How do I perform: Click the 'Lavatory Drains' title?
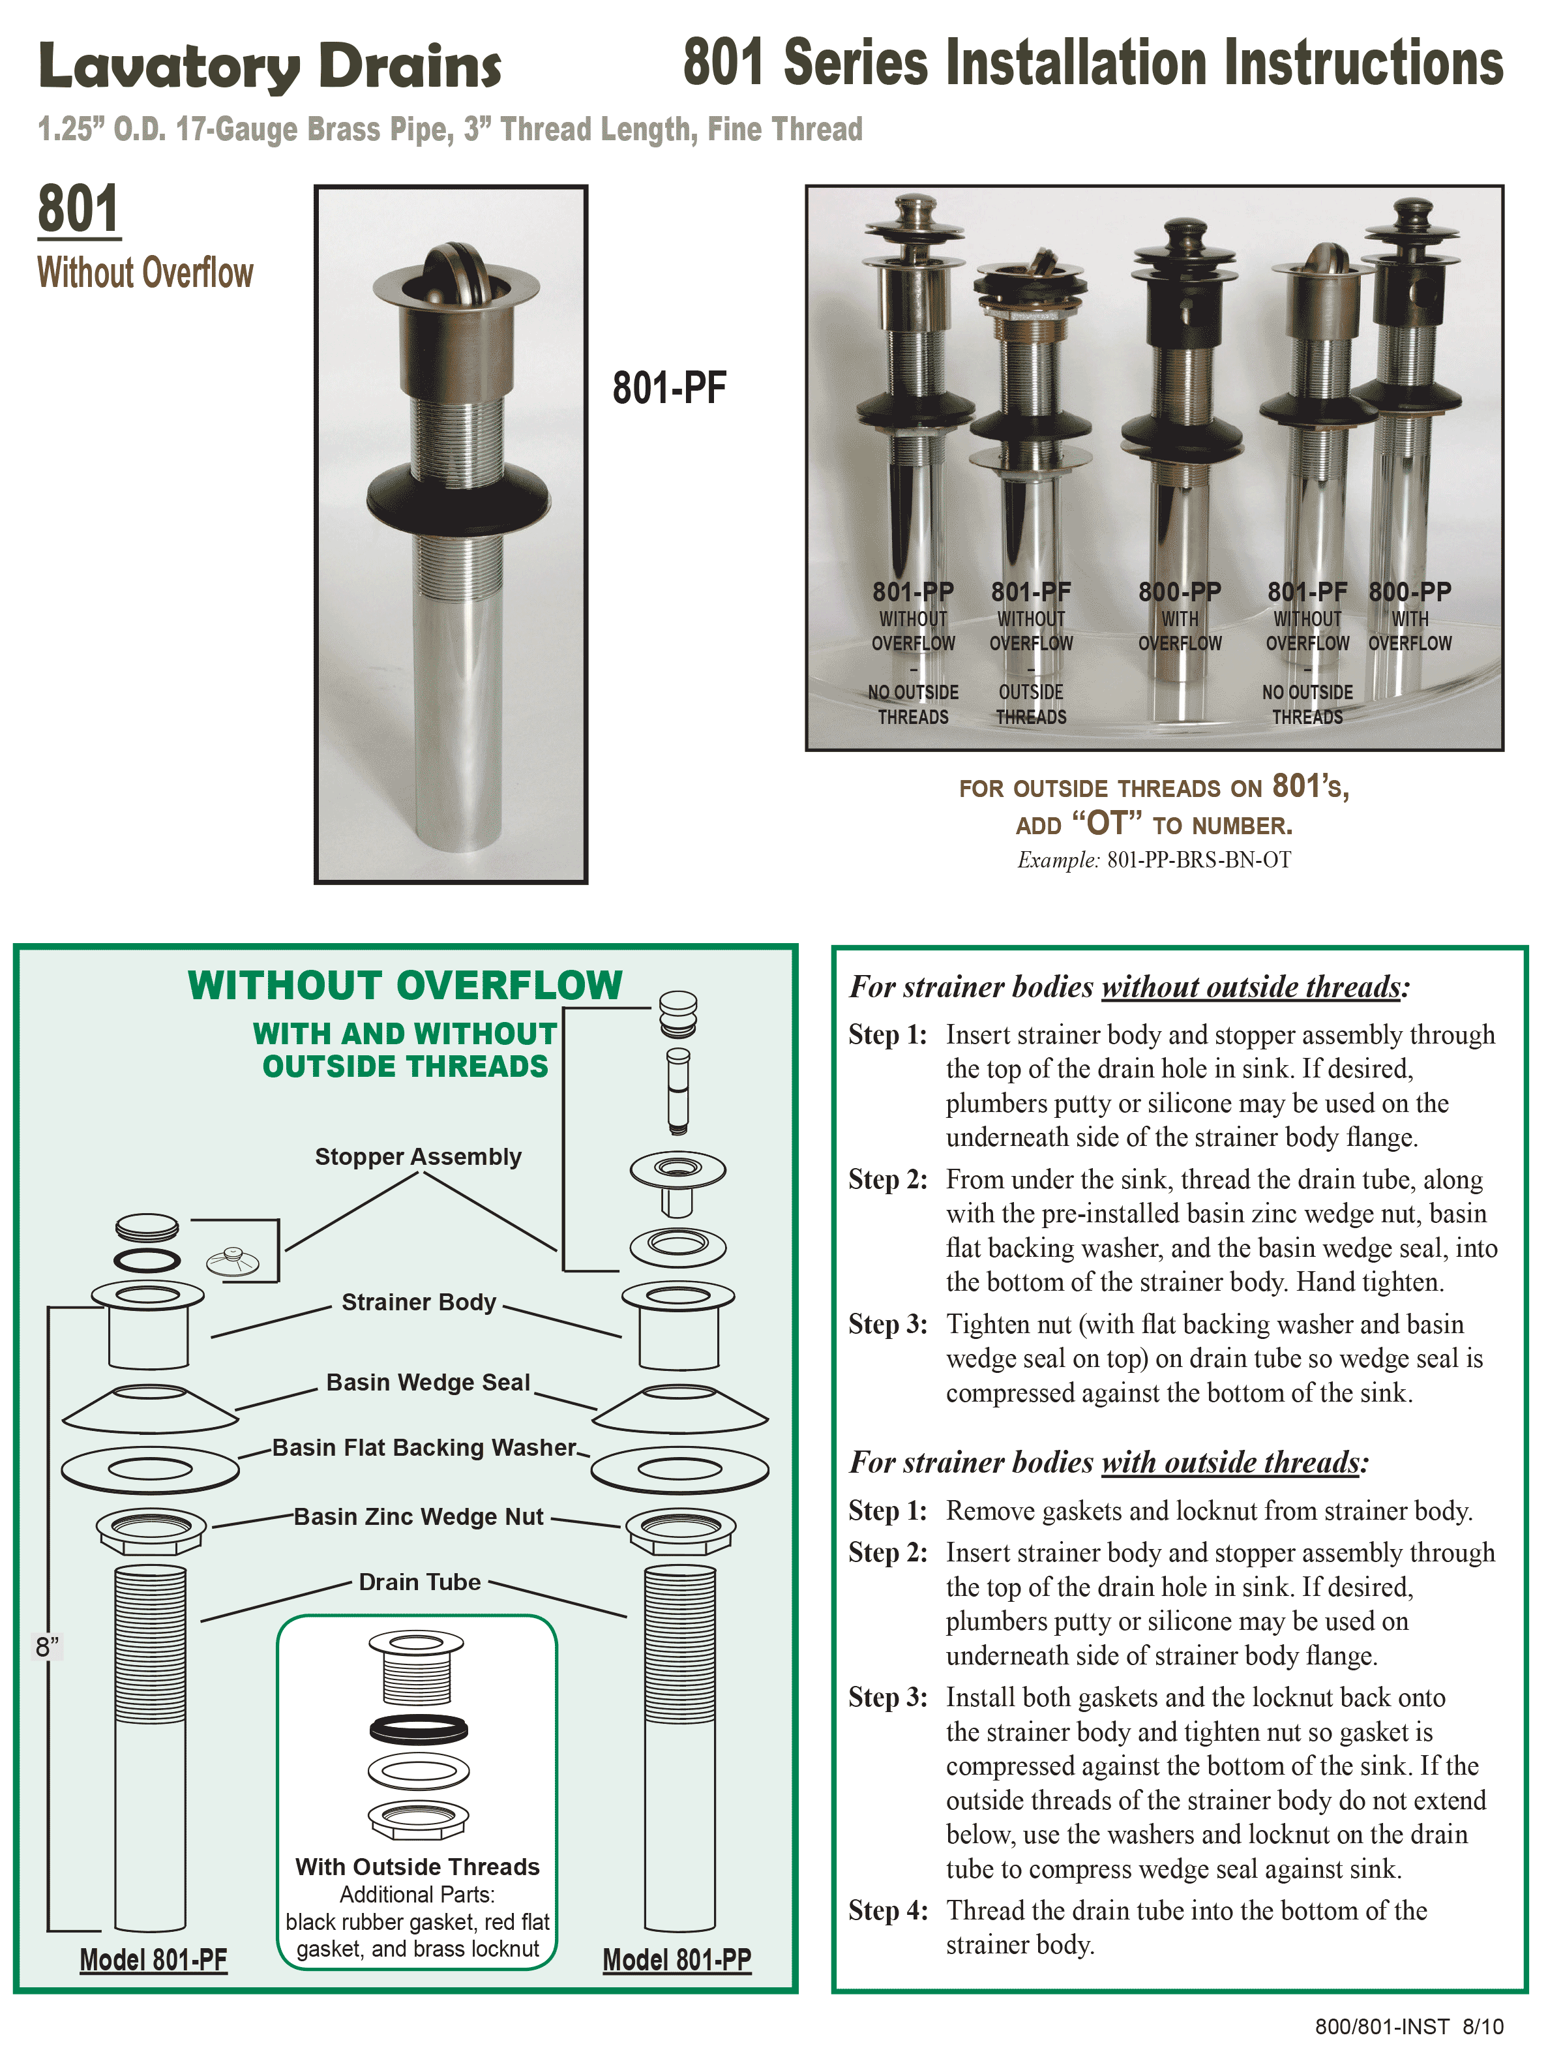[x=270, y=67]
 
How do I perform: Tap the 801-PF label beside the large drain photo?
[x=669, y=388]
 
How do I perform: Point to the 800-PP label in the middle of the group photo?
[x=1179, y=592]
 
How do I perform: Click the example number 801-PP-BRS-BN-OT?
[x=1198, y=860]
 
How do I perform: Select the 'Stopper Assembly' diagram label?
[x=418, y=1156]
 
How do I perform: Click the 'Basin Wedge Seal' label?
[x=428, y=1383]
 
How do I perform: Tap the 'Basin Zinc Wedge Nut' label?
[x=419, y=1516]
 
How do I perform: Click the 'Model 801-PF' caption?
[x=153, y=1959]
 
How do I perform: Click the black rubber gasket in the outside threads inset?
[x=419, y=1730]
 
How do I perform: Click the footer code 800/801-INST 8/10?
[x=1408, y=2026]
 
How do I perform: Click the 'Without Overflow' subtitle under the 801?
[x=145, y=273]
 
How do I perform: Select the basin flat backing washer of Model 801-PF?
[x=150, y=1469]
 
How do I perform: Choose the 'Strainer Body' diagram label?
[x=419, y=1302]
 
